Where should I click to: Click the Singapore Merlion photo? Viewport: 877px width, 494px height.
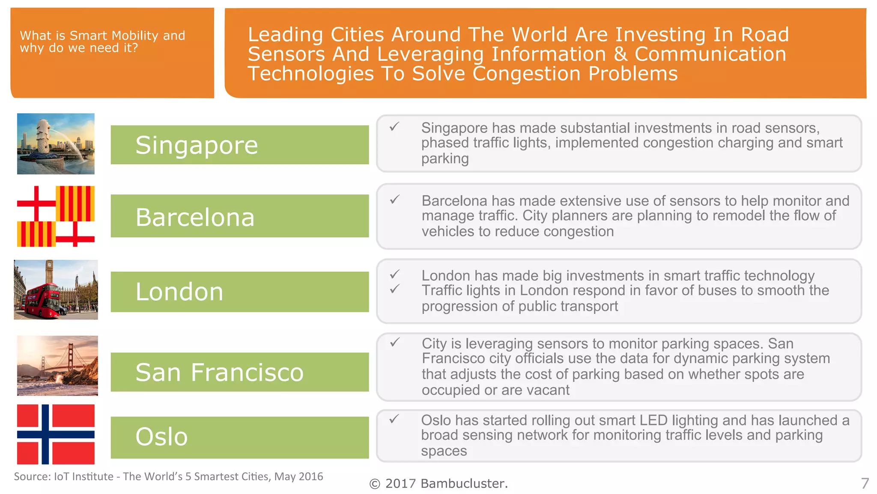56,144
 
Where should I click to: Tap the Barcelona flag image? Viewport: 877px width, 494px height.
56,216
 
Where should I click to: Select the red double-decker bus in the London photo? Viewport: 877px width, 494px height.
43,300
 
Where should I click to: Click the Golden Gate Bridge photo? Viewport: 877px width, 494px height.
57,365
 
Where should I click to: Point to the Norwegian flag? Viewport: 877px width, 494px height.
56,434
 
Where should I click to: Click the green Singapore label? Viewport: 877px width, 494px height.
239,145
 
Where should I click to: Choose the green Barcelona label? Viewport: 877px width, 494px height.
239,216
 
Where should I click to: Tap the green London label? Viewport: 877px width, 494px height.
239,292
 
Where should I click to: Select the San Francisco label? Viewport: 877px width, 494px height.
239,372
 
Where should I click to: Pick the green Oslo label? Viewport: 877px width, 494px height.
239,437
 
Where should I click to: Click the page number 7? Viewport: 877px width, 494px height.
865,483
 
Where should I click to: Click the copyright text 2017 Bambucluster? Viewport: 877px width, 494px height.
438,484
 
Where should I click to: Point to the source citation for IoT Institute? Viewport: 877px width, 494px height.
168,476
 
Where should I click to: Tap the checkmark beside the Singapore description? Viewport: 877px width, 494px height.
394,127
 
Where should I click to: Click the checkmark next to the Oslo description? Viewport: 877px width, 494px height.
394,419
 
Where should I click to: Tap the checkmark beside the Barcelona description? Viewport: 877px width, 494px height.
394,199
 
